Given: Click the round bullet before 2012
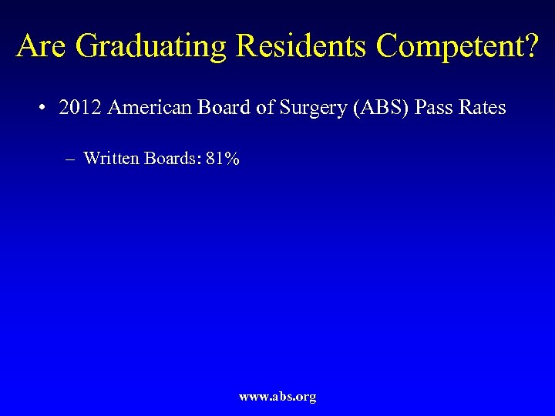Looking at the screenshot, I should click(40, 108).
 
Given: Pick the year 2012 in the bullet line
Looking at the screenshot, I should click(79, 108).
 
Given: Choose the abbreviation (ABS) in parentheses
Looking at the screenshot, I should click(381, 108).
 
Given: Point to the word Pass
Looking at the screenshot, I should click(436, 108).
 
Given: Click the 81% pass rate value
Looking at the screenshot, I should click(223, 159).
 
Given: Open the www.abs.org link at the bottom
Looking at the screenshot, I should click(277, 397).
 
